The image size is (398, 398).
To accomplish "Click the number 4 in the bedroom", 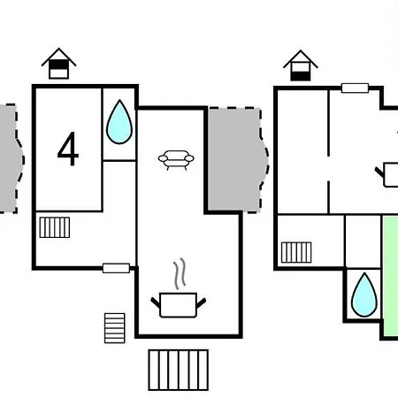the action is coord(68,149).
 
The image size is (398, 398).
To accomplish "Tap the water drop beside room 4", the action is coord(119,122).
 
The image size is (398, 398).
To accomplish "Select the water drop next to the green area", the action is coord(364,295).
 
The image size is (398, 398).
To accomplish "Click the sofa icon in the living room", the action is coord(176,160).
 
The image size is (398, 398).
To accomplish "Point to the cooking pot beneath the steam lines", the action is coord(178,305).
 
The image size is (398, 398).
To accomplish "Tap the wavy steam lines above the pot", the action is coord(180,273).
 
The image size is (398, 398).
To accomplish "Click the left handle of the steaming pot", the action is coord(155,302).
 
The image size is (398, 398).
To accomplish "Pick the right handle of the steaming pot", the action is coord(201,302).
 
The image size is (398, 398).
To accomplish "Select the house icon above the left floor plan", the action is coord(58,64).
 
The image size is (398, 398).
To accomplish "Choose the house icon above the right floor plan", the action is coord(301,65).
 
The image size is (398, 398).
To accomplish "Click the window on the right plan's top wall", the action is coord(355,88).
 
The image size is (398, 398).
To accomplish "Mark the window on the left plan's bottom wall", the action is coord(116,268).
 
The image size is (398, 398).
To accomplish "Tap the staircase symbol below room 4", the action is coord(55,227).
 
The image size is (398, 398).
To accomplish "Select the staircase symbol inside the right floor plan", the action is coord(296,252).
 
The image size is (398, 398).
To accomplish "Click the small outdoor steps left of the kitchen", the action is coord(115,328).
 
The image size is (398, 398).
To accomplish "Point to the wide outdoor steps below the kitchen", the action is coord(179,370).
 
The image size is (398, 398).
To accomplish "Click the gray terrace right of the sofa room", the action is coord(236,160).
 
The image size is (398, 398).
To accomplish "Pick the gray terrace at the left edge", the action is coord(11,158).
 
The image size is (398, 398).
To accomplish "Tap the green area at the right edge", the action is coord(391,276).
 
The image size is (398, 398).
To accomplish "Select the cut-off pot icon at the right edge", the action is coord(390,175).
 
